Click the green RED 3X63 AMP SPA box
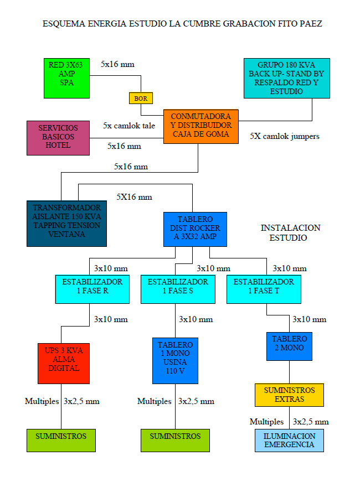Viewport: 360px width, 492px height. [x=66, y=78]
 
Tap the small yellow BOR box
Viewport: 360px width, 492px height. [x=141, y=98]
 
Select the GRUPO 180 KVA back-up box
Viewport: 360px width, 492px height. [x=286, y=78]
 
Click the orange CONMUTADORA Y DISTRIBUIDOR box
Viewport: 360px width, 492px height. [x=200, y=126]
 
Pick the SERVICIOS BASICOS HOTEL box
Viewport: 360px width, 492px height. [x=58, y=137]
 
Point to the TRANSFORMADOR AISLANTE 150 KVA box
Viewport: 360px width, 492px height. [x=66, y=223]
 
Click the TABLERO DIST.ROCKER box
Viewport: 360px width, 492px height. [x=195, y=229]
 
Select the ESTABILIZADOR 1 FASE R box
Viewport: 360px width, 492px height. [x=92, y=288]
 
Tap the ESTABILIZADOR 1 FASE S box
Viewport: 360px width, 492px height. [x=178, y=288]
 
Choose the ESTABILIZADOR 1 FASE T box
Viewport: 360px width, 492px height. [x=264, y=288]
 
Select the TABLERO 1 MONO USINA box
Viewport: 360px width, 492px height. [x=175, y=360]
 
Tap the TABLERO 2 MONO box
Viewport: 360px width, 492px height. [x=289, y=345]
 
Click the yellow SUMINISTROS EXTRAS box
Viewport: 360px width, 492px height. [x=289, y=395]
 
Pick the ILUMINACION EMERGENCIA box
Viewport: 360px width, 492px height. [x=289, y=440]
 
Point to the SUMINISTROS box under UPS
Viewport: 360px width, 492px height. [x=61, y=440]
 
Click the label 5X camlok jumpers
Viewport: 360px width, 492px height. [x=284, y=136]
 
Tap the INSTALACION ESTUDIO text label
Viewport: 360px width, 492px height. [x=290, y=232]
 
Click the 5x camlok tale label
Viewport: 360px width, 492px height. [x=129, y=126]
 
